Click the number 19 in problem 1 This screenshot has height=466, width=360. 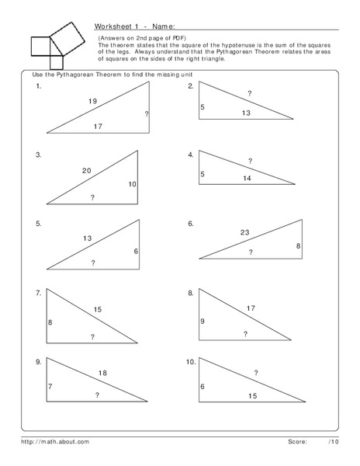point(92,102)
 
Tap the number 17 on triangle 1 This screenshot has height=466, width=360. point(98,126)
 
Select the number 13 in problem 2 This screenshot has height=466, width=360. point(246,113)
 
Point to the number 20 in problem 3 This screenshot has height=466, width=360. point(87,170)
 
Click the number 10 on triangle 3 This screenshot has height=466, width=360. point(133,184)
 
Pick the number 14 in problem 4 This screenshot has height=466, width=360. point(247,179)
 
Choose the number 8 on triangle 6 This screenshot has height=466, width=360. point(297,246)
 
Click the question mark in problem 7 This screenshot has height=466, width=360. point(92,336)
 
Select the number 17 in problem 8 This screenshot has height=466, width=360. point(251,308)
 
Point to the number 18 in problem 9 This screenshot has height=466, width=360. point(102,374)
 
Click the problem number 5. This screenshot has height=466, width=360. point(38,224)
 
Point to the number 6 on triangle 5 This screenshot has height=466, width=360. point(136,252)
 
